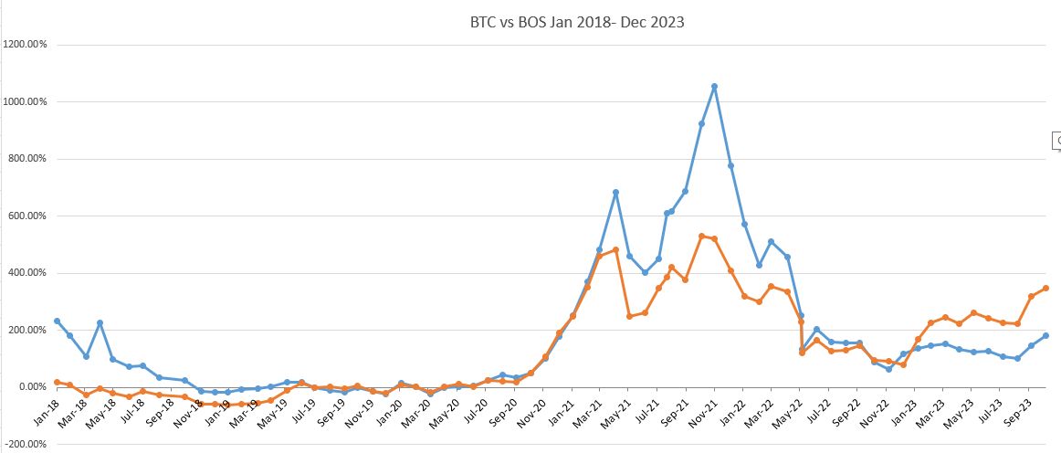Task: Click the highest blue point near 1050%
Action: point(714,87)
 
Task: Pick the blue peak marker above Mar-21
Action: point(615,193)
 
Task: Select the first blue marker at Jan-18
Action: point(57,321)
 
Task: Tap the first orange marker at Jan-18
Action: point(57,382)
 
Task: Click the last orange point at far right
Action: point(1045,288)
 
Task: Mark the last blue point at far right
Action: point(1045,335)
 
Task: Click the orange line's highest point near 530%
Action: point(701,236)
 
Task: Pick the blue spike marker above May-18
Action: point(99,323)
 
